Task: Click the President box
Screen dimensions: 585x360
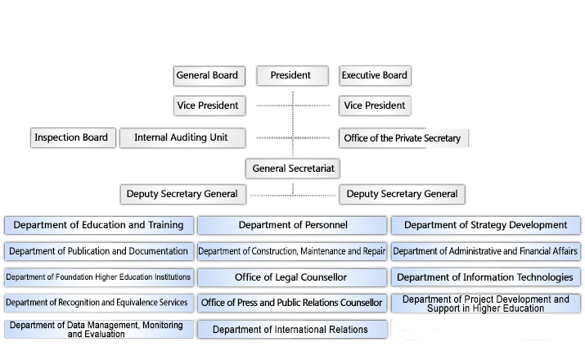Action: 292,75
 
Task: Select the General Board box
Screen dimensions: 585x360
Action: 209,76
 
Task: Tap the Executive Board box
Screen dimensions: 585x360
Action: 375,75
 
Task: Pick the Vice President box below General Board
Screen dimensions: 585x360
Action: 209,106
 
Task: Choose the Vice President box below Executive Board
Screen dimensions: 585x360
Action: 375,106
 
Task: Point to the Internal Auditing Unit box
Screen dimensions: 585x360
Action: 182,137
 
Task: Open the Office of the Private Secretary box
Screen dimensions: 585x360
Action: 403,138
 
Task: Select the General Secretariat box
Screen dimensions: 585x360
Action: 293,169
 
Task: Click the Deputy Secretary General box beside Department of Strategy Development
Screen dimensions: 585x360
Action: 402,194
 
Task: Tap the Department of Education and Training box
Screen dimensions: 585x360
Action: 99,225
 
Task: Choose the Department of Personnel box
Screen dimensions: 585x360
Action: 292,225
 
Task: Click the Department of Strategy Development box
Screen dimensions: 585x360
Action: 486,225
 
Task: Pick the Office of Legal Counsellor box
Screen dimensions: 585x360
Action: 292,277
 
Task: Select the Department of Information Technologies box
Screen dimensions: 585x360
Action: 486,277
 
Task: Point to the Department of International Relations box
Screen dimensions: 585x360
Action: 292,330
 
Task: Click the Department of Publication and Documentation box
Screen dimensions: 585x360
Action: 99,251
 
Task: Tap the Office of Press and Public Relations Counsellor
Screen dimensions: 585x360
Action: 292,303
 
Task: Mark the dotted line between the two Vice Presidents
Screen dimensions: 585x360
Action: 293,106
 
